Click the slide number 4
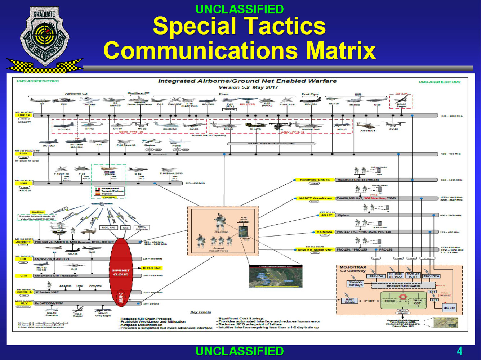click(459, 351)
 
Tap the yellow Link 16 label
click(23, 116)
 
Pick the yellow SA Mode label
click(324, 232)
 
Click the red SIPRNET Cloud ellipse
click(121, 272)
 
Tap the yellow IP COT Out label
click(152, 268)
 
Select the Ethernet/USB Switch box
click(403, 286)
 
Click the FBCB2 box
click(389, 301)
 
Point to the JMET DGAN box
click(349, 301)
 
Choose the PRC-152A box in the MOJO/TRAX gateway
click(431, 276)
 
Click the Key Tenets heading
click(201, 312)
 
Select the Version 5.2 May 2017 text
click(248, 87)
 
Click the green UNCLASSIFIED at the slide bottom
click(240, 351)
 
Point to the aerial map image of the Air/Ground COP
click(276, 278)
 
